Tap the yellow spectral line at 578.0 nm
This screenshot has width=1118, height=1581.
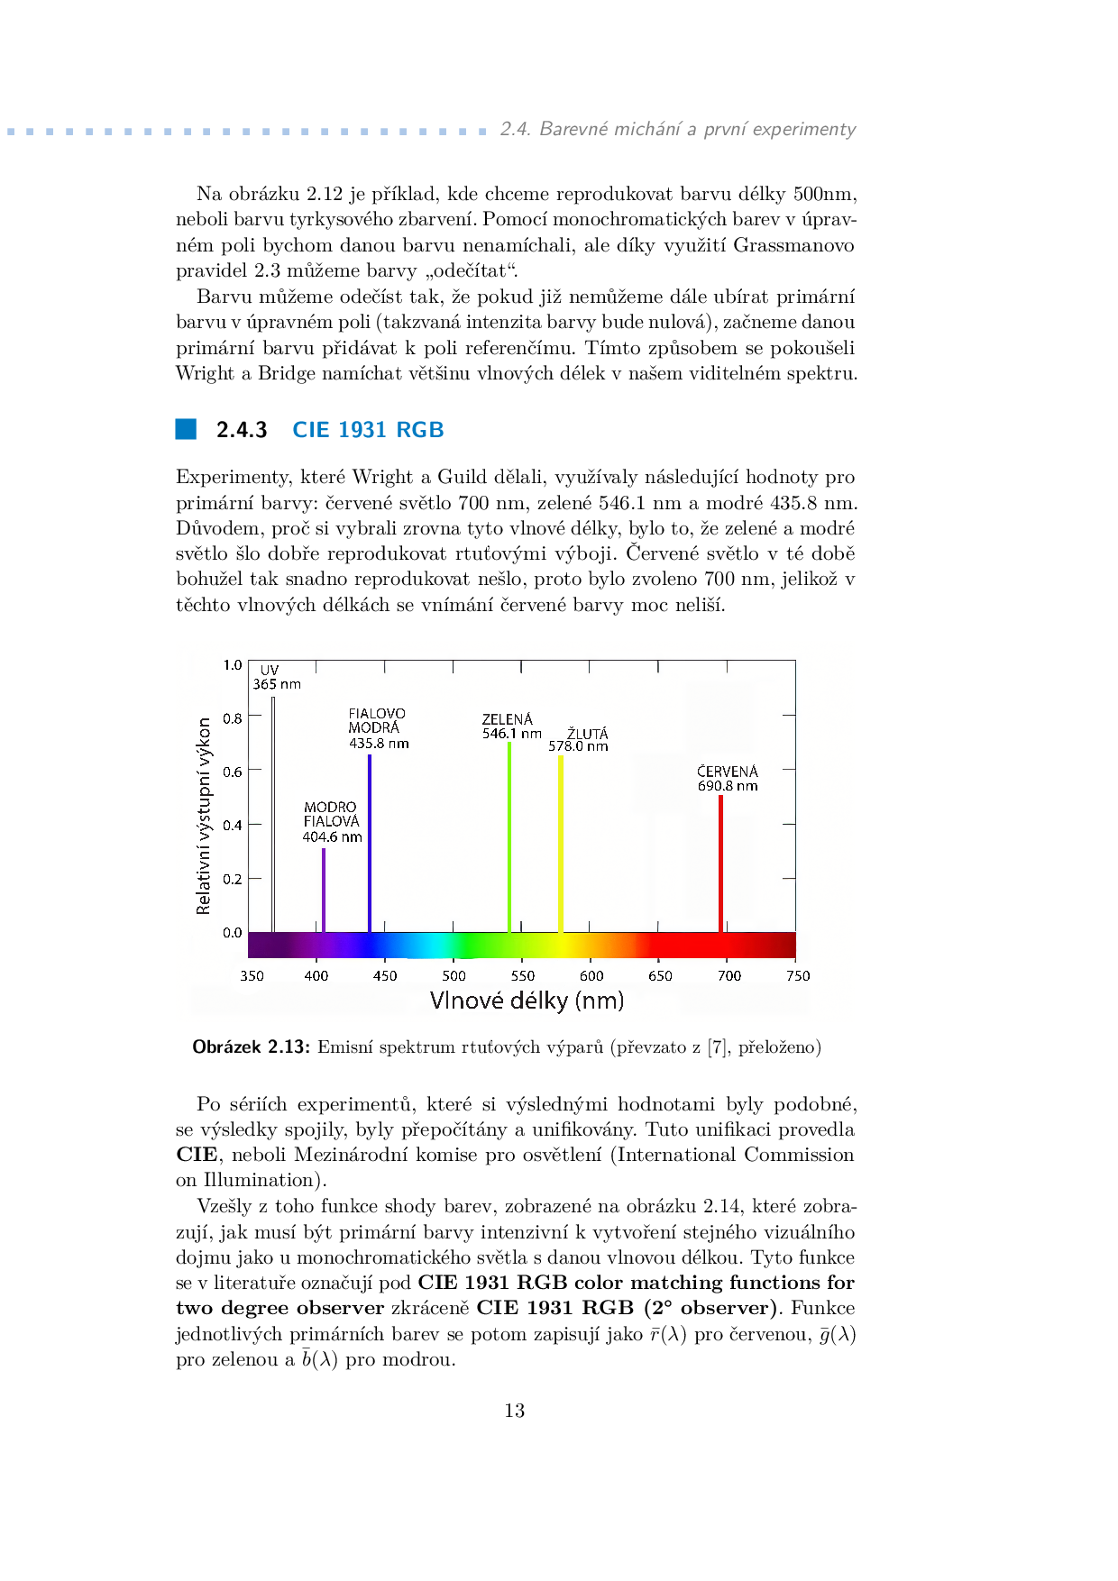click(561, 843)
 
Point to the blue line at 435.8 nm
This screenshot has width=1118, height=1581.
click(369, 843)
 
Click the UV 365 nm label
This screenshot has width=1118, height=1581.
click(276, 677)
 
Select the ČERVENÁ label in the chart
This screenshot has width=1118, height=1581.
click(728, 772)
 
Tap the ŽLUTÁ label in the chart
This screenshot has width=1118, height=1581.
click(588, 734)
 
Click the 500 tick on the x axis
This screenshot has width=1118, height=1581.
click(454, 975)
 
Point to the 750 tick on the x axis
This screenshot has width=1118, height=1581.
click(798, 975)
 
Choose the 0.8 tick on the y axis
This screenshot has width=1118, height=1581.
click(233, 718)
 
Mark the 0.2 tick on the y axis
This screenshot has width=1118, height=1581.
click(233, 879)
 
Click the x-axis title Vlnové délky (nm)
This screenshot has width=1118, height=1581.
click(527, 1001)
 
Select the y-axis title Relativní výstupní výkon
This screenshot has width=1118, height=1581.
click(204, 816)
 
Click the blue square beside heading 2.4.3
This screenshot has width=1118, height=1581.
click(186, 429)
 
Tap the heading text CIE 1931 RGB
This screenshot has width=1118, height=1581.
click(368, 430)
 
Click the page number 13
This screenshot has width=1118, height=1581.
click(515, 1411)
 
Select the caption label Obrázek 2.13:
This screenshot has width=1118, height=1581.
click(252, 1046)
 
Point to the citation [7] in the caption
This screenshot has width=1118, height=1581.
click(717, 1046)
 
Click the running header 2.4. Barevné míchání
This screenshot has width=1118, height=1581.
click(677, 129)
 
